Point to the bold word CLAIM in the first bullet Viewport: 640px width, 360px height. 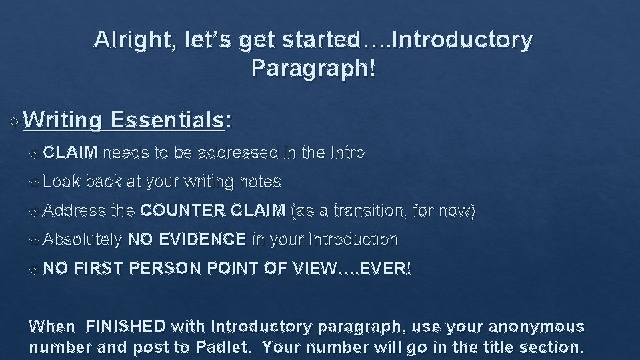point(73,153)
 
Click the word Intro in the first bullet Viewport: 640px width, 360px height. point(347,153)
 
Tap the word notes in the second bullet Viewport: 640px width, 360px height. point(263,181)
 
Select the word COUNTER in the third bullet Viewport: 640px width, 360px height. point(182,211)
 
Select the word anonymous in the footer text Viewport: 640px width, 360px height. point(538,327)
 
